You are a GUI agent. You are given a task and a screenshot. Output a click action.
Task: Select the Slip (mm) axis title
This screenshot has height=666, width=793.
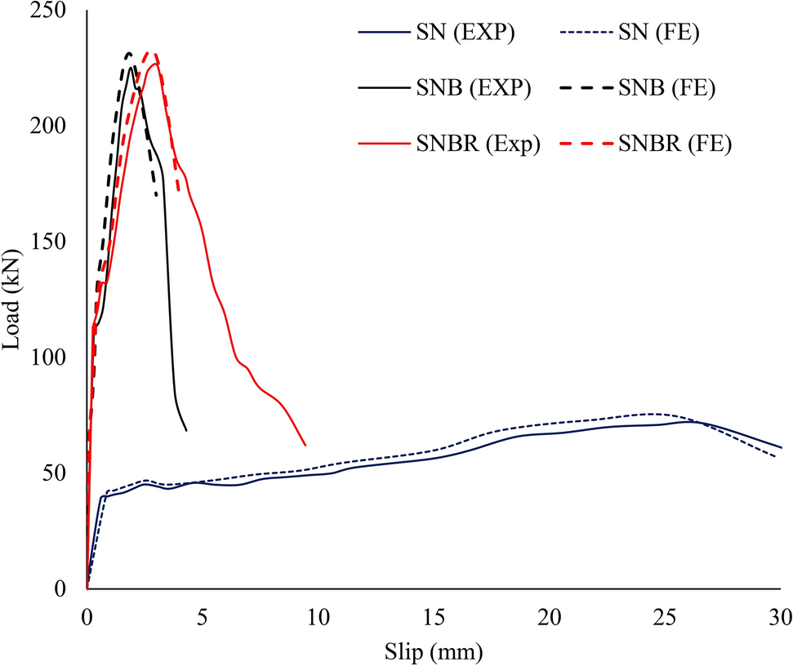pyautogui.click(x=434, y=652)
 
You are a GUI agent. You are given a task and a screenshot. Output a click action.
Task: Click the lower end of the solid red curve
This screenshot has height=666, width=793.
pyautogui.click(x=305, y=446)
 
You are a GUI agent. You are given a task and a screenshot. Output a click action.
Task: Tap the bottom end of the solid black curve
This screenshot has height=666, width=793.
pyautogui.click(x=187, y=430)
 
